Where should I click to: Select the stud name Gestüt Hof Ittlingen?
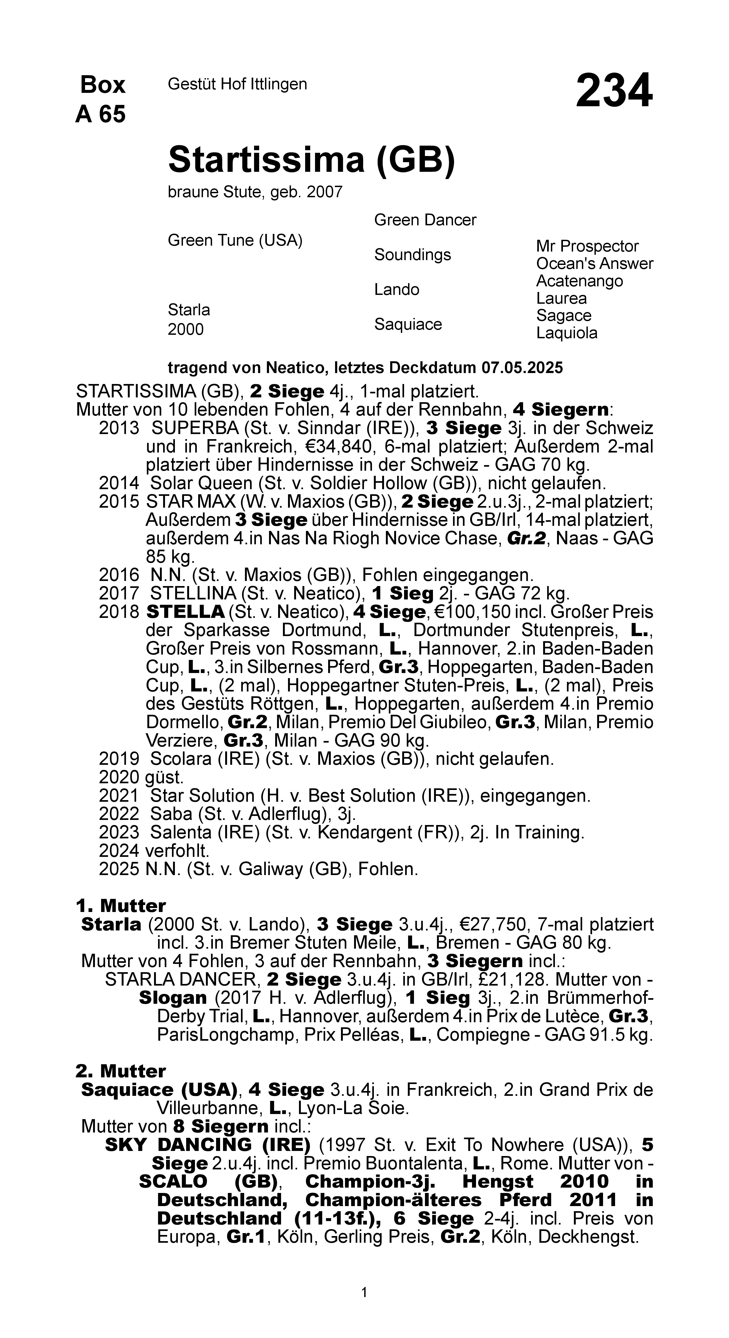(237, 84)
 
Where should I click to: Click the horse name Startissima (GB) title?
(312, 159)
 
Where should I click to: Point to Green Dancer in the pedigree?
(425, 220)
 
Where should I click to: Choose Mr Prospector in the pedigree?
(587, 246)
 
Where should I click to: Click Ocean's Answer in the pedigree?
(594, 264)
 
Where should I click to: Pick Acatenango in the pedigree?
(580, 281)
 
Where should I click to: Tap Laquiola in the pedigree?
(566, 333)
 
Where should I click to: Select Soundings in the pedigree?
(412, 255)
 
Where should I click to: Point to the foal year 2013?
(119, 428)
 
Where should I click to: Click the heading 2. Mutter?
(120, 1071)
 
